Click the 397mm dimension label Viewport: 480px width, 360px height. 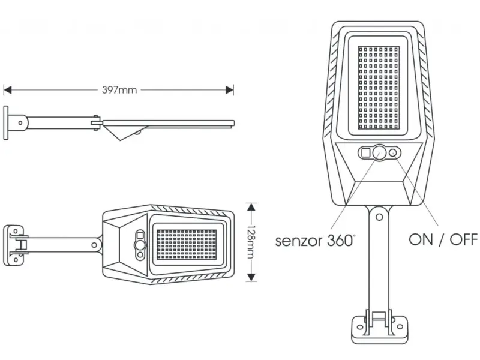point(119,90)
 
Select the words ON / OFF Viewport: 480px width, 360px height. point(443,240)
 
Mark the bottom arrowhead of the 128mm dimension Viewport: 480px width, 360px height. point(253,277)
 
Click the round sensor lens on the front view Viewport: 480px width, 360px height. point(379,154)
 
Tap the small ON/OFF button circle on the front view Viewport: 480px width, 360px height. point(394,154)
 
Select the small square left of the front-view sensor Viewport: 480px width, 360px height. point(365,154)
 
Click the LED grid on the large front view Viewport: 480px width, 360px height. point(378,90)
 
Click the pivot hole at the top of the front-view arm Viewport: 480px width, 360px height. point(379,214)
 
